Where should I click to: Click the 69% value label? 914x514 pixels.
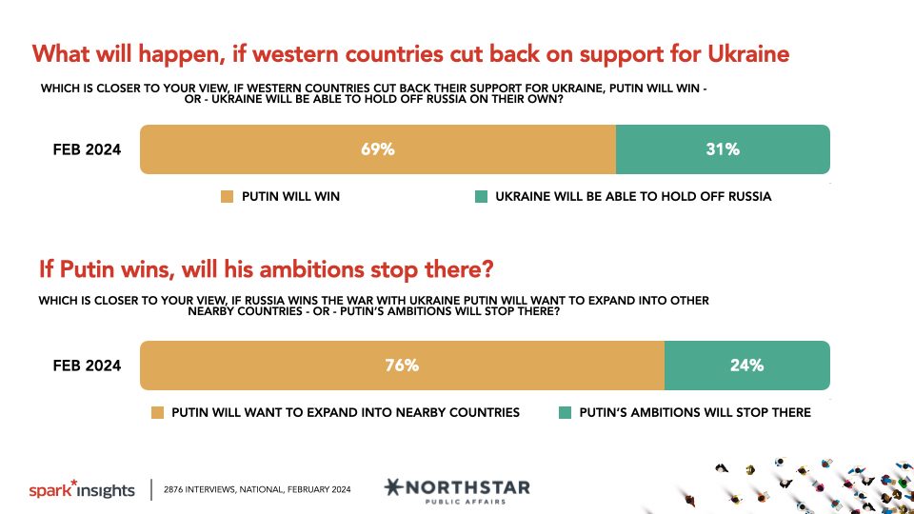tap(378, 149)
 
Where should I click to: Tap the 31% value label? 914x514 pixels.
tap(723, 149)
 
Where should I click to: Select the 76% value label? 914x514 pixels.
tap(402, 366)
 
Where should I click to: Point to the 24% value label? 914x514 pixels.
tap(746, 366)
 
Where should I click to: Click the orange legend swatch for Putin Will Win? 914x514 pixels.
tap(227, 196)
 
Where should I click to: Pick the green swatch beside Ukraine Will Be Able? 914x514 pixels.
tap(481, 196)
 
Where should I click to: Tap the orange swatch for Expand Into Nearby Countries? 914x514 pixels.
tap(157, 412)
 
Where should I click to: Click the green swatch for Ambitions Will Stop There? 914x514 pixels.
tap(565, 412)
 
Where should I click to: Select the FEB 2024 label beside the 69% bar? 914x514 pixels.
tap(87, 149)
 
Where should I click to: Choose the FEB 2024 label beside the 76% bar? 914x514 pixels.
tap(87, 366)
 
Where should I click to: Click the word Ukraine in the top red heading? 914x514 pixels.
tap(748, 54)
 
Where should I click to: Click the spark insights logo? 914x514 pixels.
tap(82, 489)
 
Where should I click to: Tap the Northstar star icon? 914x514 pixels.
tap(393, 486)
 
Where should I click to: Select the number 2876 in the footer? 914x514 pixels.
tap(173, 489)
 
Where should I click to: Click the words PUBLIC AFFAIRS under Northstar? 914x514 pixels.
tap(466, 502)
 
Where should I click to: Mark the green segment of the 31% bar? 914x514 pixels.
tap(723, 149)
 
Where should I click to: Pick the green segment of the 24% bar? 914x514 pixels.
tap(747, 366)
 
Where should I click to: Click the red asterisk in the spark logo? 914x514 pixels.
tap(73, 484)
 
